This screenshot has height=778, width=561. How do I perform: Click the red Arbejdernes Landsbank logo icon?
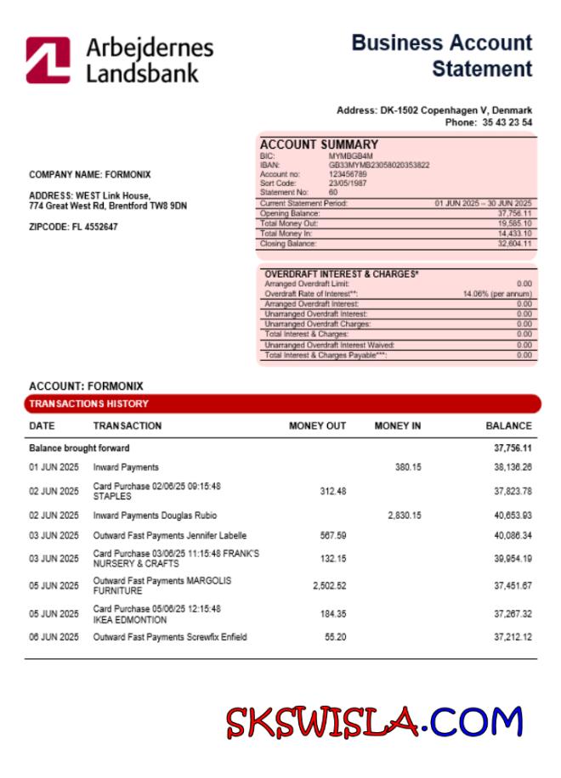pos(48,59)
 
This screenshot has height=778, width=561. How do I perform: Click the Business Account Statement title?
pos(442,55)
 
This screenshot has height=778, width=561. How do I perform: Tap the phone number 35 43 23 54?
pos(502,122)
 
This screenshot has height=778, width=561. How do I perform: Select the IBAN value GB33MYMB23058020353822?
pos(379,165)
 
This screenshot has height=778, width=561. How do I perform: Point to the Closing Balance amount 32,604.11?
pos(513,244)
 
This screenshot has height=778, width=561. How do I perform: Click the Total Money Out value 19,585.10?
pos(513,223)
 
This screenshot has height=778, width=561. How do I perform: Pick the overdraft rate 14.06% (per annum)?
pos(497,294)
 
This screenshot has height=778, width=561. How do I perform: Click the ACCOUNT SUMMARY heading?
pos(319,145)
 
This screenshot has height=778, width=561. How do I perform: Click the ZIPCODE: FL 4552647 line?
pos(73,228)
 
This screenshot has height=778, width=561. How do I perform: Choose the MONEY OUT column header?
pos(317,426)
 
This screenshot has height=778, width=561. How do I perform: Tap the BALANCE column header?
pos(508,426)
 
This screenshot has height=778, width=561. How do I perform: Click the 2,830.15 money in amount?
pos(404,516)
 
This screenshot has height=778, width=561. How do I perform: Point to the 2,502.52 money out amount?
pos(329,586)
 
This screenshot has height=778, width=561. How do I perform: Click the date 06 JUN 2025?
pos(54,637)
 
